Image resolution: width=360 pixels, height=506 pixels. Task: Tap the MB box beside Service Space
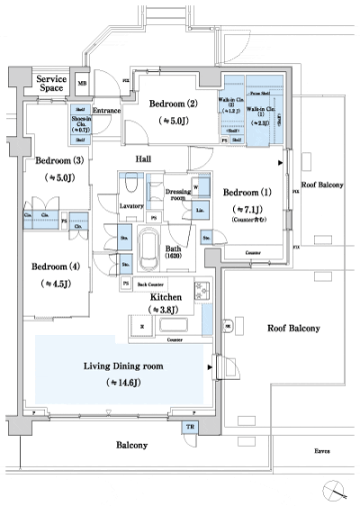[x=83, y=84]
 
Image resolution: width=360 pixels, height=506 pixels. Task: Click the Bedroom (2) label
[x=174, y=104]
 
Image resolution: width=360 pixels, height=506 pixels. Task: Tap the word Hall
[x=143, y=158]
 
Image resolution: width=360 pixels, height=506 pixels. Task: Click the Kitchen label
[x=166, y=295]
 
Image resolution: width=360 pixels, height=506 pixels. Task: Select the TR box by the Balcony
[x=190, y=427]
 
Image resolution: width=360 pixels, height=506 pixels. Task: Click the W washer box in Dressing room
[x=194, y=186]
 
